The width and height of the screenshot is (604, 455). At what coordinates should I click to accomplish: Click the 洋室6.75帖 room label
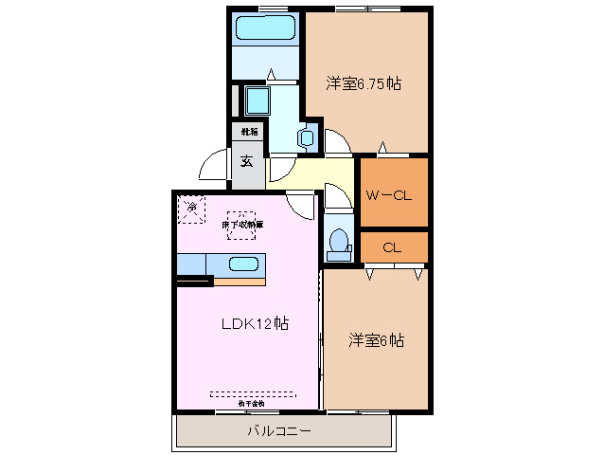pos(364,84)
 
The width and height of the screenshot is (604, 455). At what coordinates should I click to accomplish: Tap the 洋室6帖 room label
pos(375,339)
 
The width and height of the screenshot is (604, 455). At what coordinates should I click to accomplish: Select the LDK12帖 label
pos(255,324)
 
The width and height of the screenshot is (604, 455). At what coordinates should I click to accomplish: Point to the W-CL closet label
pos(388,196)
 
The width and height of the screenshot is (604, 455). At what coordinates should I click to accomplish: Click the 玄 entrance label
pos(246,161)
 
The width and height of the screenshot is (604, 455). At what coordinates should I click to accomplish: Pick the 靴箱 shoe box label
pos(249,132)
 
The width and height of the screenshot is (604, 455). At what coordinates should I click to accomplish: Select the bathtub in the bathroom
pos(266,28)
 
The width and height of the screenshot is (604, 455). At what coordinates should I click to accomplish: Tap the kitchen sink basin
pos(243,264)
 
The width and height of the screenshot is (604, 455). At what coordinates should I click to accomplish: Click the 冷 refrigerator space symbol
pos(191,208)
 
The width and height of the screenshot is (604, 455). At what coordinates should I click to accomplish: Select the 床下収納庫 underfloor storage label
pos(242,225)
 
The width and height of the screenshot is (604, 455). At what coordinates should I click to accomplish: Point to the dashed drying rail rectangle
pos(252,393)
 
